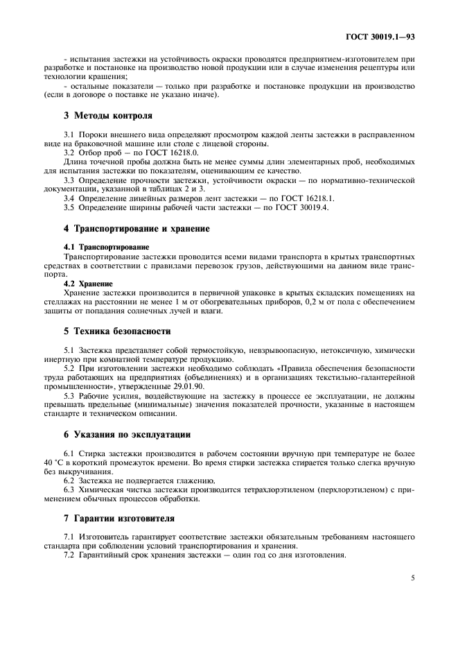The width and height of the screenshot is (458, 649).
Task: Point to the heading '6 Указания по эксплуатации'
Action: tap(127, 434)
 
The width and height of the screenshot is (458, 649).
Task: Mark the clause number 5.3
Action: tap(69, 395)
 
